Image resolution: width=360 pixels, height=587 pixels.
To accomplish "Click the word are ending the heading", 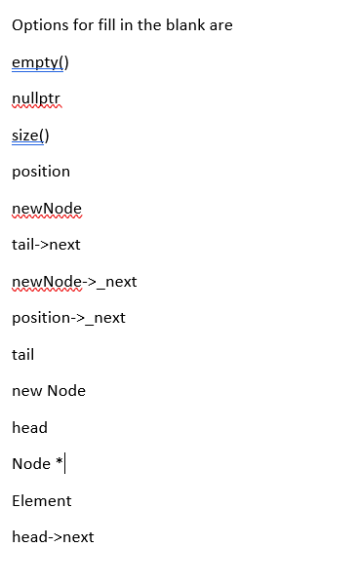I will (220, 25).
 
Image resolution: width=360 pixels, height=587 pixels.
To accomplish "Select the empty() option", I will (40, 62).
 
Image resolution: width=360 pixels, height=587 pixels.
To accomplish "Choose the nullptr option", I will (36, 98).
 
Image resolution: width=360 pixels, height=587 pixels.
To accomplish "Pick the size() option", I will (30, 136).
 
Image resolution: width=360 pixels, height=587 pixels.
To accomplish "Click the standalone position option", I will (41, 172).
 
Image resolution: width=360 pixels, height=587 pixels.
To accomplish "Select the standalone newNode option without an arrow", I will (47, 209).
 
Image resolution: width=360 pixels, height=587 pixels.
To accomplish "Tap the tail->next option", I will (46, 245).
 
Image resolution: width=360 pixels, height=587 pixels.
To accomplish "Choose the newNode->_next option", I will (74, 282).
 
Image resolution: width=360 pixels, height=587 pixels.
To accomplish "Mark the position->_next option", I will (68, 318).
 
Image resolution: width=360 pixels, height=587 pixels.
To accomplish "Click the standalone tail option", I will (22, 355).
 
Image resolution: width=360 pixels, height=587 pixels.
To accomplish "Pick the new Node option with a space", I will (49, 391).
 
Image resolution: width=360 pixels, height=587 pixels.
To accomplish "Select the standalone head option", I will (29, 428).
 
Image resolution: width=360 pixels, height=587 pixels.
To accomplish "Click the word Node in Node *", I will (31, 464).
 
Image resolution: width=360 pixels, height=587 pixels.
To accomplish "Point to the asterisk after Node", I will (60, 462).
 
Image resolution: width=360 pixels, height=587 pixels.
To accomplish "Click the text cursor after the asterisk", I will (65, 464).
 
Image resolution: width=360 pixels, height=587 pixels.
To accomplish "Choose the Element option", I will (42, 501).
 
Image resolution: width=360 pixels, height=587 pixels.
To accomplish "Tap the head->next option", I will (53, 537).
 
